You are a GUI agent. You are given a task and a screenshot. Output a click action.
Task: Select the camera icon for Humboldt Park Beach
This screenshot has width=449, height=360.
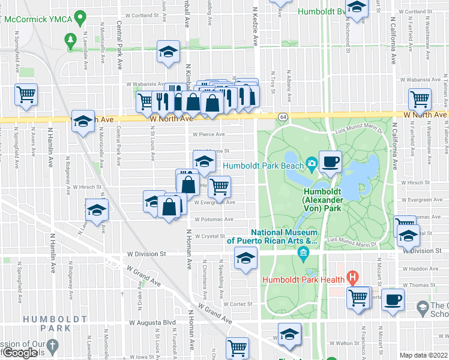312,163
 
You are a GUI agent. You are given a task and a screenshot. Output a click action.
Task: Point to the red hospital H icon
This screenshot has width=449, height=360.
353,278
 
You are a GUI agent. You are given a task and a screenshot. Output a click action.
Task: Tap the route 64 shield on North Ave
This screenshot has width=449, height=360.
283,116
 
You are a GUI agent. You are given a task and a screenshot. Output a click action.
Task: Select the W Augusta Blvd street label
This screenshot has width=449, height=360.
152,322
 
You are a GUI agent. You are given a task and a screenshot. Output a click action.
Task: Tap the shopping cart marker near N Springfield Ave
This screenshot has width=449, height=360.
26,94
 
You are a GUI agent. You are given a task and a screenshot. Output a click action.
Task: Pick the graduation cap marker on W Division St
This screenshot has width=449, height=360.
245,259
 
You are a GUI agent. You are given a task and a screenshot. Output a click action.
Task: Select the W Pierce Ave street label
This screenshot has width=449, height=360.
208,134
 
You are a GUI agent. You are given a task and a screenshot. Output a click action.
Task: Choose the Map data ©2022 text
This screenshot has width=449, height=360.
423,355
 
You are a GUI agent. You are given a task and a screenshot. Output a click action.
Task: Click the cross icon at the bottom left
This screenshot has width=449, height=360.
53,346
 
